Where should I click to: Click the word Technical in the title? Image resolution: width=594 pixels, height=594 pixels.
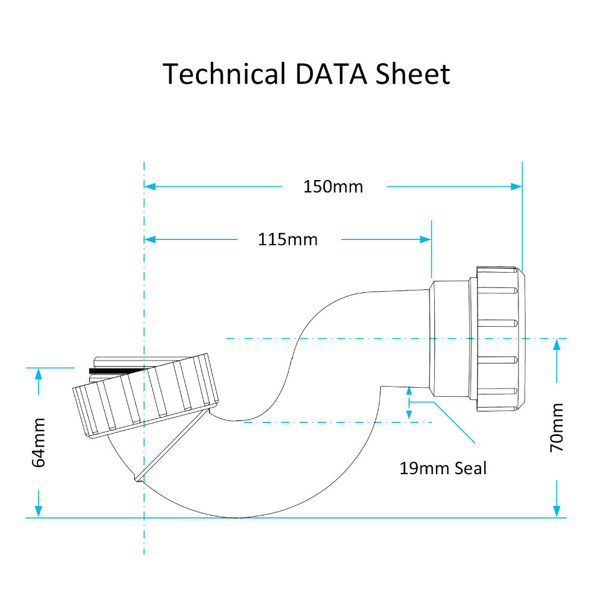point(223,74)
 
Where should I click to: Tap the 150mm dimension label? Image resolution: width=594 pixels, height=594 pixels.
point(333,187)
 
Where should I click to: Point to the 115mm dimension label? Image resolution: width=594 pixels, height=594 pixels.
point(288,239)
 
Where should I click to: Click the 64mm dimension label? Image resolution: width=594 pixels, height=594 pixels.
point(39,443)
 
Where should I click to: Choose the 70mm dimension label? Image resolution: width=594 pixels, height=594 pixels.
point(557,428)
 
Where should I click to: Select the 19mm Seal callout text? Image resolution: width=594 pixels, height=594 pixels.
point(443,468)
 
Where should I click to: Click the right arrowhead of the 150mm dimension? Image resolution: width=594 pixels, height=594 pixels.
point(516,187)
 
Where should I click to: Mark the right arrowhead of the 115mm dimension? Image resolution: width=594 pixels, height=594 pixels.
point(425,239)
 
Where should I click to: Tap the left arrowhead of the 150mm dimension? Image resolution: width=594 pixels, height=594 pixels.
point(150,187)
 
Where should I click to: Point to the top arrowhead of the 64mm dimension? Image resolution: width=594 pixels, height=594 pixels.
point(39,374)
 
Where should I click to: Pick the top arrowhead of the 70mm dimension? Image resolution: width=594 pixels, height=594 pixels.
point(557,345)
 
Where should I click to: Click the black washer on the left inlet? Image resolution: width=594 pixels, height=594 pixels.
point(116,370)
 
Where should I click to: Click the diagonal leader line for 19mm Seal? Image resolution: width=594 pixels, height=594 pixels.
point(454,422)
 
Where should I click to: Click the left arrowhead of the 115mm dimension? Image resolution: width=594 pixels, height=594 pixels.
point(150,239)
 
